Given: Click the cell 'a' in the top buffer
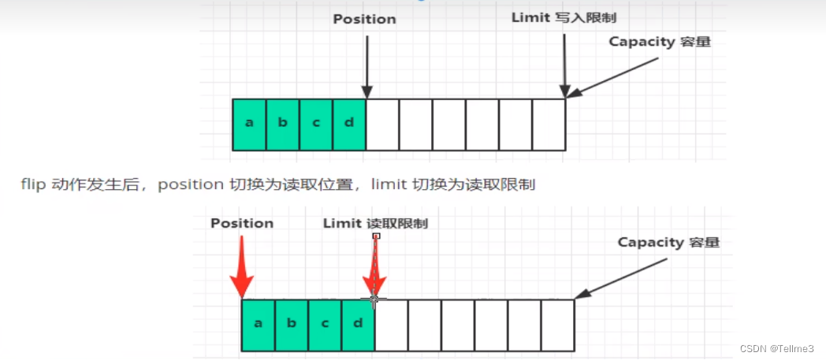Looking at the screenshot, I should click(249, 124).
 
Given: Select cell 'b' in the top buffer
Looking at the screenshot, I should click(283, 124).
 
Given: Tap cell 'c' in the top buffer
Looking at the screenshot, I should click(316, 124).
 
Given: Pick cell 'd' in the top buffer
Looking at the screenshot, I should click(349, 124).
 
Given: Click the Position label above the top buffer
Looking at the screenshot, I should click(364, 19).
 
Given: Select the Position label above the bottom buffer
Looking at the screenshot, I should click(242, 223).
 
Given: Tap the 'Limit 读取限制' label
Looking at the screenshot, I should click(375, 223).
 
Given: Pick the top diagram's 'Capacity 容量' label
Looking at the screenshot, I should click(660, 42).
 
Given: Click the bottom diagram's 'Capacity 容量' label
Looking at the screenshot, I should click(668, 242).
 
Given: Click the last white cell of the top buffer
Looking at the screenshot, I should click(549, 124).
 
